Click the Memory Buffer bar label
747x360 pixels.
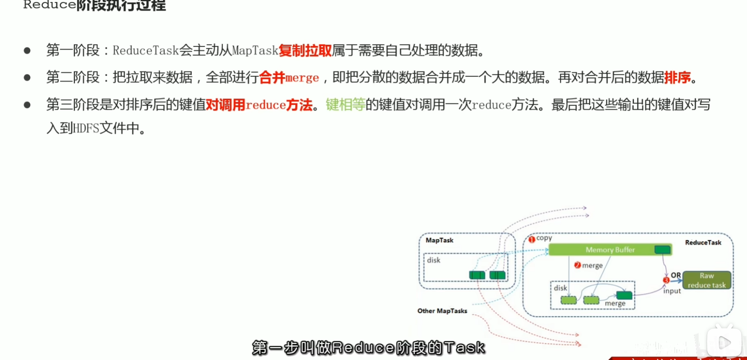click(609, 250)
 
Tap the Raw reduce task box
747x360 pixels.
click(706, 281)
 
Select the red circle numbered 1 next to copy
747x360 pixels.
click(532, 240)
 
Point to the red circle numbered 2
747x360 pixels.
click(577, 265)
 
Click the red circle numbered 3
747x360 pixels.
click(666, 280)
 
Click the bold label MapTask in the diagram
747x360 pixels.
click(439, 240)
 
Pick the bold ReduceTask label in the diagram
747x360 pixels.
click(703, 243)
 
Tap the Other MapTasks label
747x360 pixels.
click(442, 311)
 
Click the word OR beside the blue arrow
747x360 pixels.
click(676, 275)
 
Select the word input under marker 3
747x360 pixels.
click(672, 291)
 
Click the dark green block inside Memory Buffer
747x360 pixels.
click(662, 249)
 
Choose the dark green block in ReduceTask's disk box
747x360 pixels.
click(624, 295)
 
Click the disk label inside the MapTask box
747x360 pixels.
click(434, 260)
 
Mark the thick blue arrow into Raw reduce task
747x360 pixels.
click(677, 281)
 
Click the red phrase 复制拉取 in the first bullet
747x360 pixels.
click(305, 51)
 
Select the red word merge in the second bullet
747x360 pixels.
click(302, 78)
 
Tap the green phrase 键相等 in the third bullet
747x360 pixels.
click(345, 105)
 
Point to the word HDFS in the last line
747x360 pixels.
click(86, 128)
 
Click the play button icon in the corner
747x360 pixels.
click(724, 342)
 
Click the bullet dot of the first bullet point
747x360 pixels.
click(27, 51)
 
